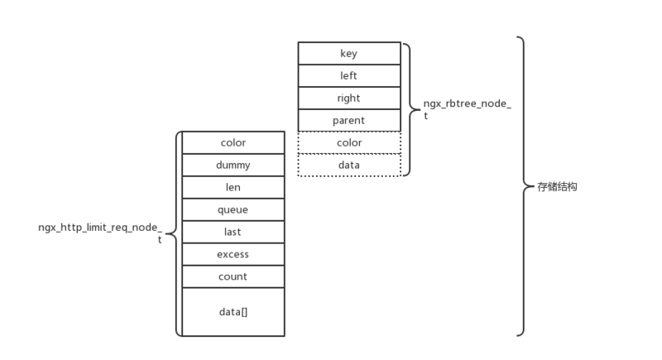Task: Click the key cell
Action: tap(348, 53)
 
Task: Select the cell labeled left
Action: tap(348, 75)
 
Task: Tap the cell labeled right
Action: tap(348, 98)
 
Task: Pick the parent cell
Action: tap(348, 120)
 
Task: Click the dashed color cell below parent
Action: tap(348, 142)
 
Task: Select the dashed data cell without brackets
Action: tap(348, 165)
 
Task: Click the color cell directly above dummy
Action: tap(233, 142)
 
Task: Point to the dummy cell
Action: tap(233, 165)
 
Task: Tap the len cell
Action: tap(233, 187)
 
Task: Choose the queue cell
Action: tap(233, 209)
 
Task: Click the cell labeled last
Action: tap(233, 232)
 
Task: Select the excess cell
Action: tap(233, 254)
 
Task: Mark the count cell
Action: tap(233, 276)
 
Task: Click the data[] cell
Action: tap(233, 311)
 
